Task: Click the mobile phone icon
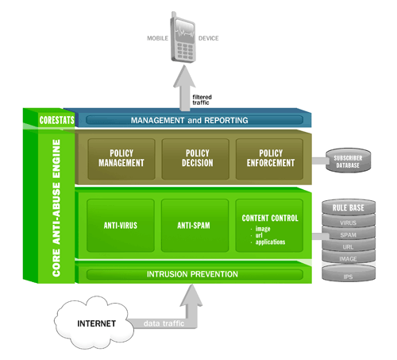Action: (x=183, y=37)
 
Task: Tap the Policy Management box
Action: (x=121, y=159)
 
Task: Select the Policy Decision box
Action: (x=195, y=159)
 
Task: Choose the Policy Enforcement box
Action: (x=269, y=159)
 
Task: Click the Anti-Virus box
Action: (x=121, y=226)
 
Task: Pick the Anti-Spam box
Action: (x=195, y=226)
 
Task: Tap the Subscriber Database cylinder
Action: (x=348, y=161)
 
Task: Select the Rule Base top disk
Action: (x=349, y=207)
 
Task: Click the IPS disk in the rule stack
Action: (x=349, y=273)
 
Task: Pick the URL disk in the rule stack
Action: (x=349, y=246)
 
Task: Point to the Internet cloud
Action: (x=94, y=323)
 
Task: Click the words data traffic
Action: (x=164, y=323)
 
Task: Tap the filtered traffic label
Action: (x=202, y=100)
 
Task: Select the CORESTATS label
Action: (x=57, y=120)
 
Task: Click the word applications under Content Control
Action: (x=270, y=242)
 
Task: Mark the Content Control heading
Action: (x=270, y=218)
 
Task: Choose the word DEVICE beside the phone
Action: (x=209, y=38)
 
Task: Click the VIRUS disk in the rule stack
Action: (x=349, y=222)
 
